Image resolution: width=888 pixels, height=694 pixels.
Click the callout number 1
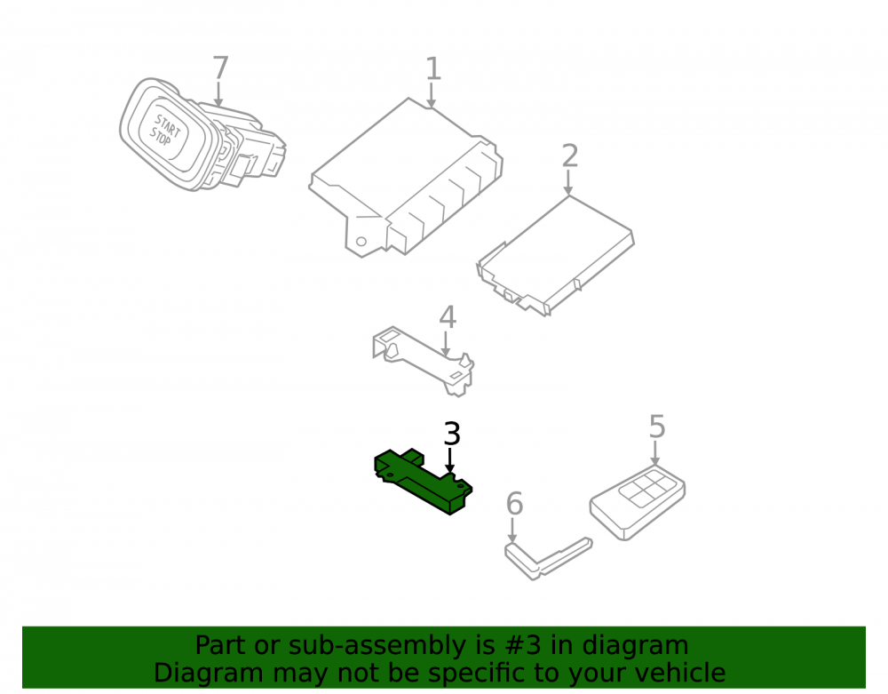click(x=433, y=68)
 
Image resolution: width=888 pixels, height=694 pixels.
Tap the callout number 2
click(x=570, y=156)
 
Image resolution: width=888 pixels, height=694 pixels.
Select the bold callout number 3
click(x=451, y=434)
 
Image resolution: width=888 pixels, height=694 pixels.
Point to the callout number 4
click(x=448, y=317)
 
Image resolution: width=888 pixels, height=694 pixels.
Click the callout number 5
click(x=657, y=426)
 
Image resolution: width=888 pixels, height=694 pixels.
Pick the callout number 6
click(x=514, y=504)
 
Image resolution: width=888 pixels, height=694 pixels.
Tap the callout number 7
click(x=220, y=68)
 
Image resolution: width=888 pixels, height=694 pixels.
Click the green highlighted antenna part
click(x=423, y=482)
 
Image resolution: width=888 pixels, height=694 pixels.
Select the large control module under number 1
click(x=406, y=178)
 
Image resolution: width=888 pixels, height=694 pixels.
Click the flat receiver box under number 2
click(x=556, y=256)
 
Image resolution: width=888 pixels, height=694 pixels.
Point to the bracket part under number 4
click(x=423, y=361)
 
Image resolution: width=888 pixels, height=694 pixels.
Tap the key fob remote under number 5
click(x=638, y=503)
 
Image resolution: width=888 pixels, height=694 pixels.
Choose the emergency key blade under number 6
click(x=548, y=559)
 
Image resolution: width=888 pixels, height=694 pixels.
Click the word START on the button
click(x=168, y=126)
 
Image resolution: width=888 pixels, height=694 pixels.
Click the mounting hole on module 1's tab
click(x=361, y=242)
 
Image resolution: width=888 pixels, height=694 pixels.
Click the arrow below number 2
click(x=568, y=182)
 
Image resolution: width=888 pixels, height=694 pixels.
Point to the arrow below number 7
click(x=218, y=94)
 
